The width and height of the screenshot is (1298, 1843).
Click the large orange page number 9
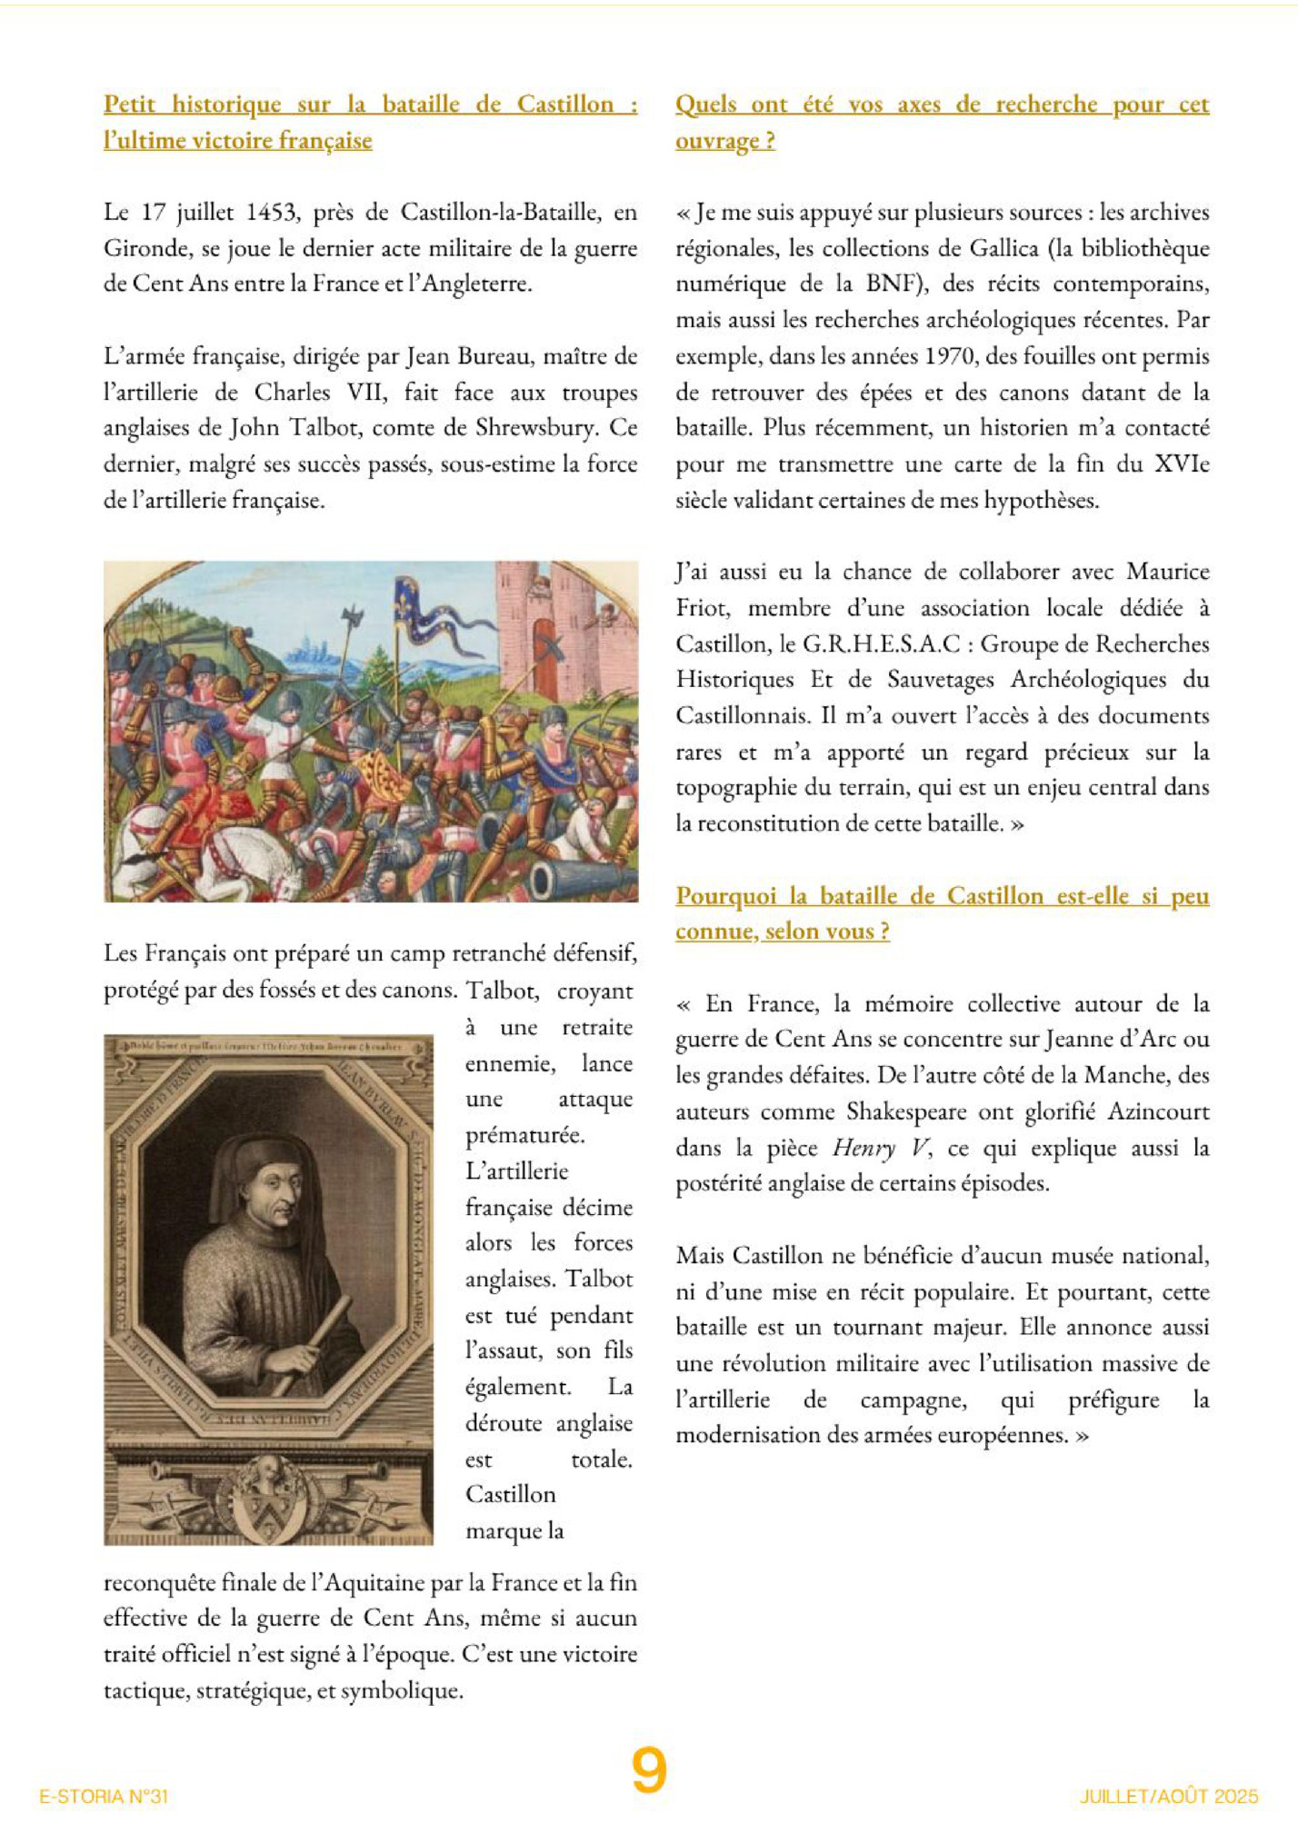pyautogui.click(x=649, y=1771)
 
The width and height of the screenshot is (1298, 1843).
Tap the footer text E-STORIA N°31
pyautogui.click(x=104, y=1797)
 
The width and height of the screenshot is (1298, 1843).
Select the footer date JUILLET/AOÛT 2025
pyautogui.click(x=1169, y=1797)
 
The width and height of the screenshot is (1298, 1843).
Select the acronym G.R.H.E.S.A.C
pyautogui.click(x=881, y=644)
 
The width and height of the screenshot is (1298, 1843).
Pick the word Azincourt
pyautogui.click(x=1158, y=1112)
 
